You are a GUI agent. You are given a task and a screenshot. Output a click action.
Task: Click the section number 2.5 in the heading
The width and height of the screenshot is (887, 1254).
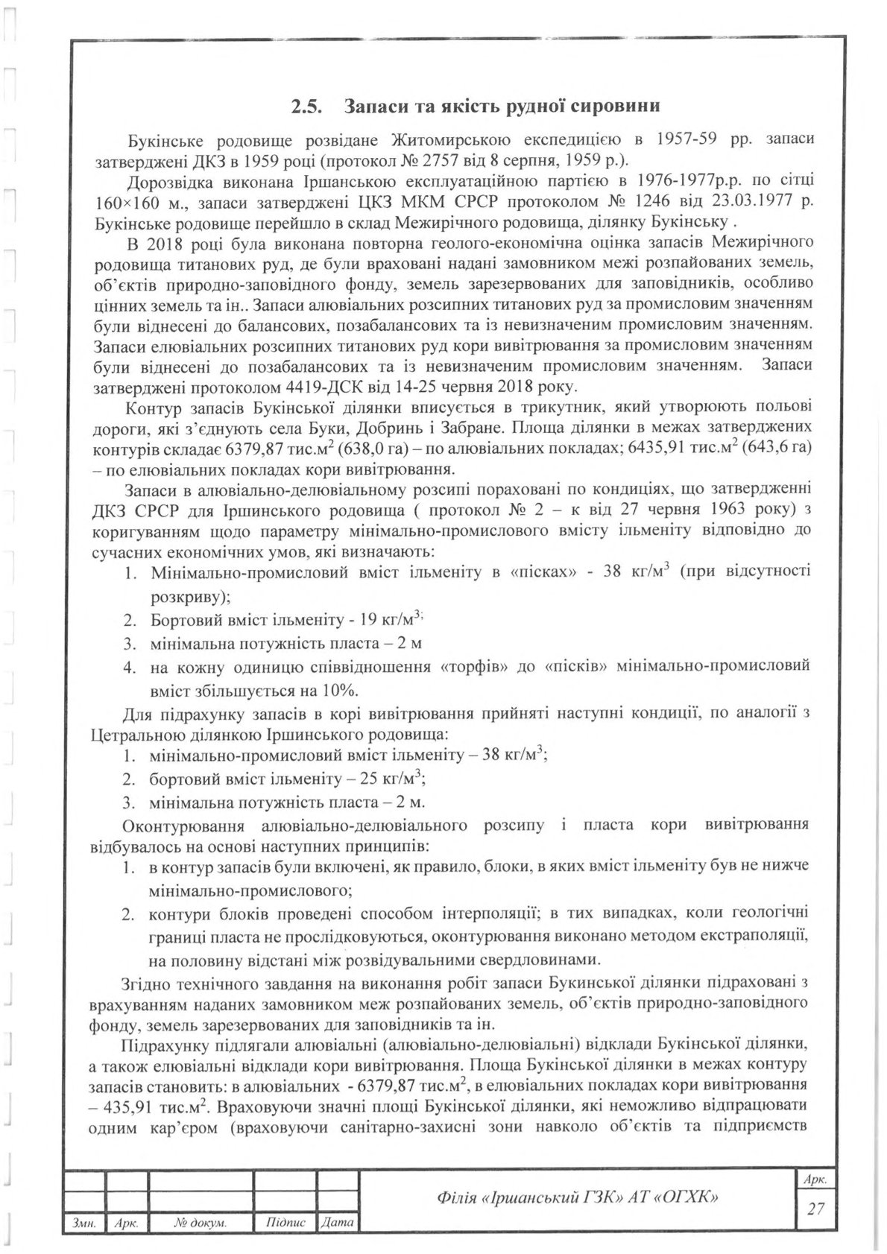click(x=306, y=106)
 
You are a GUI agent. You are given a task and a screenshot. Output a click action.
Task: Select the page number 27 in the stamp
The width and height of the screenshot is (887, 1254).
click(x=816, y=1208)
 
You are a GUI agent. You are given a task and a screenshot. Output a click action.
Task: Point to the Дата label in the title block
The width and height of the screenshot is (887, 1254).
click(x=338, y=1223)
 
